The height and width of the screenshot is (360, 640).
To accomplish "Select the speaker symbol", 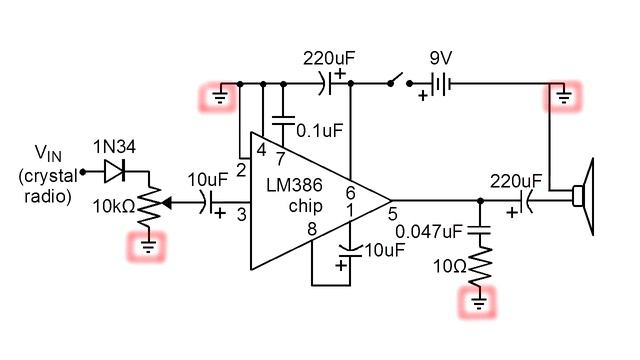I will (x=583, y=197).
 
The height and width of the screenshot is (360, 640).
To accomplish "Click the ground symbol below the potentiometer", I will (x=148, y=245).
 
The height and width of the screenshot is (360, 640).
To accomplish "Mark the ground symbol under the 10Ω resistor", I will (x=480, y=299).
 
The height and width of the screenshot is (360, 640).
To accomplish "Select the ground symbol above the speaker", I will (x=563, y=97).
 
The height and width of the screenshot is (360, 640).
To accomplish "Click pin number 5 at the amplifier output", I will (x=393, y=212).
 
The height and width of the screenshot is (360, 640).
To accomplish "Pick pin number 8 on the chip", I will (x=313, y=229).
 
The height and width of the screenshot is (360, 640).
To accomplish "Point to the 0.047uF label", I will (x=430, y=232).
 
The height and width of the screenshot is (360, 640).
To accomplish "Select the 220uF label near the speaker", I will (x=515, y=181).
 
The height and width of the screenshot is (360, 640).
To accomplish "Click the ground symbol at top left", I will (x=219, y=97).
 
